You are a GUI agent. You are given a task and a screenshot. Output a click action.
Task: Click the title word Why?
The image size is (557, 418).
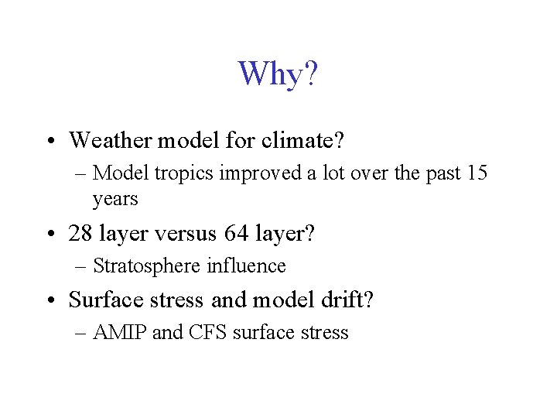(x=278, y=74)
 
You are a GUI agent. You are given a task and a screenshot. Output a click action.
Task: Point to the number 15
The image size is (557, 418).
(x=477, y=173)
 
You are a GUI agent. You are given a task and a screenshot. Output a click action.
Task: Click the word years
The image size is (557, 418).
(x=115, y=199)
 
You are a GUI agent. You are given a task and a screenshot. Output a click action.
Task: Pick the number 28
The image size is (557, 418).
(x=81, y=232)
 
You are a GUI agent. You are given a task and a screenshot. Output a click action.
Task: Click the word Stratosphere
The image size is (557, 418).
(x=147, y=266)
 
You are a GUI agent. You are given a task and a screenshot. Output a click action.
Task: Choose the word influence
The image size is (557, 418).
(x=246, y=266)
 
